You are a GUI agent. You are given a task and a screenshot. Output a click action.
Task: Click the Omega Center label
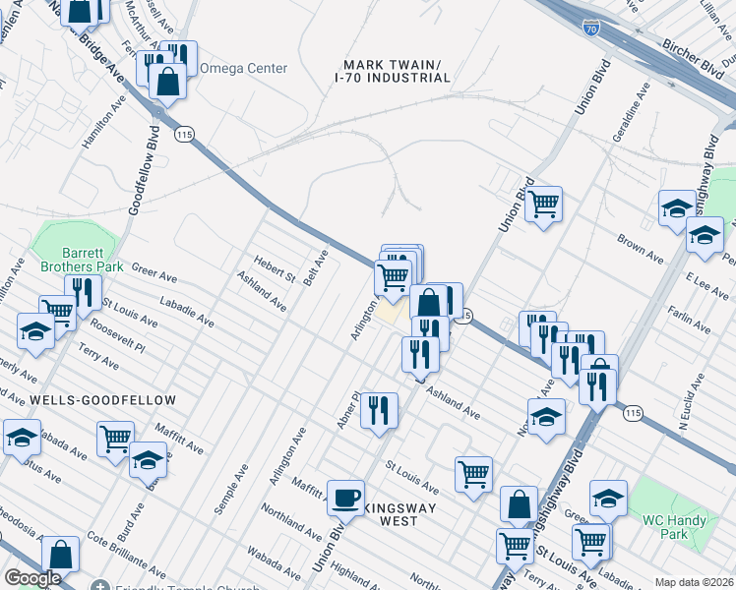(243, 69)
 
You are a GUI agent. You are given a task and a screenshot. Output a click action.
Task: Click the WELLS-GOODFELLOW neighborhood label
(102, 400)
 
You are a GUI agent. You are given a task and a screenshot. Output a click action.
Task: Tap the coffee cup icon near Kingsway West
(345, 498)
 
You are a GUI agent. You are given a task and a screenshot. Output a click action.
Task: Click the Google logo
(32, 578)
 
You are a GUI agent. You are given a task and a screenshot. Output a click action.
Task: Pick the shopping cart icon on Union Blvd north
(542, 205)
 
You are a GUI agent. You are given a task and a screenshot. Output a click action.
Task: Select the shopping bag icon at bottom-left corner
(61, 555)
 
